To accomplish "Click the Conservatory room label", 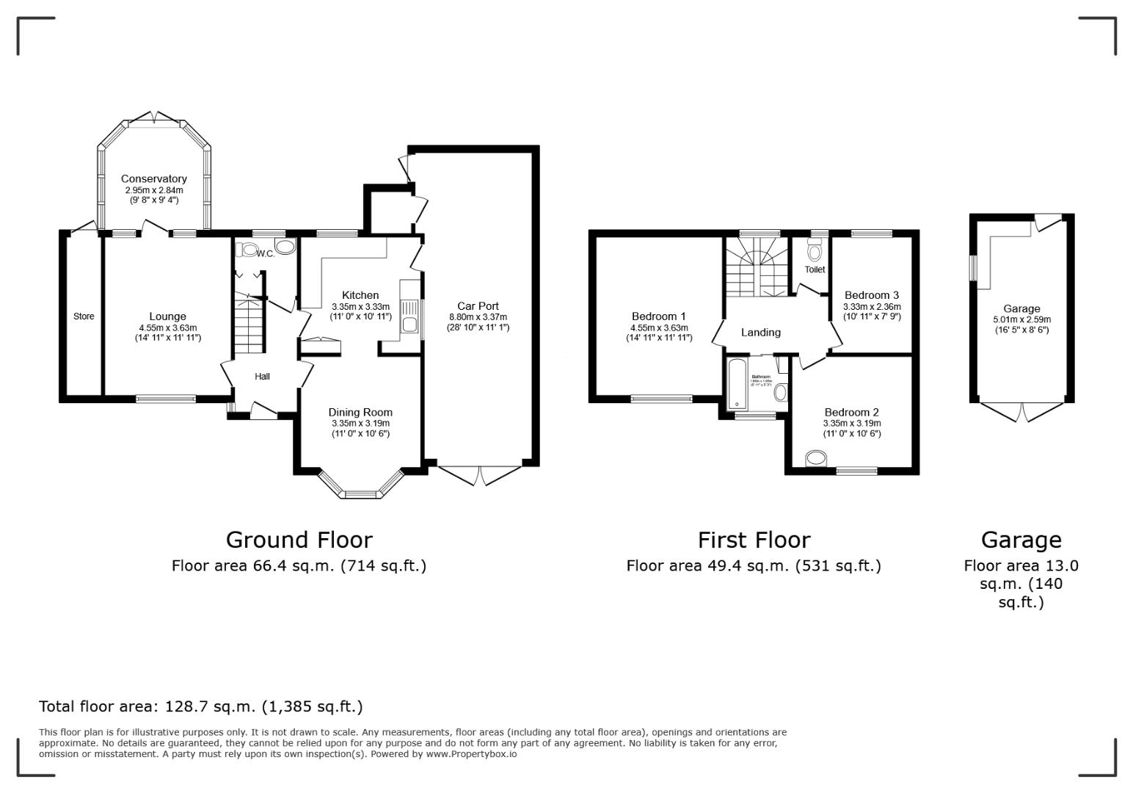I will (x=153, y=178).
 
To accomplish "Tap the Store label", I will (x=84, y=316).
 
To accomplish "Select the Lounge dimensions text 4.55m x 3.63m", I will (x=168, y=328).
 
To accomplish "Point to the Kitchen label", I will (x=360, y=295).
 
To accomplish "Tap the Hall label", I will (x=262, y=377).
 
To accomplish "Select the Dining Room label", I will (x=360, y=413).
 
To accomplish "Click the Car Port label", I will (x=478, y=306).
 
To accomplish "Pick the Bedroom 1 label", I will (x=658, y=316).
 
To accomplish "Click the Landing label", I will (x=760, y=333).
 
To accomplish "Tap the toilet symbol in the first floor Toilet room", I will (x=814, y=252).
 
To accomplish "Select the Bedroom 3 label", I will (x=871, y=295).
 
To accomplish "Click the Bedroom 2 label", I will (x=851, y=413).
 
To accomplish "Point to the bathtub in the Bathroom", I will (x=737, y=383).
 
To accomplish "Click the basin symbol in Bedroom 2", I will (x=815, y=460).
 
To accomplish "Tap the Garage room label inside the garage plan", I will (x=1021, y=309).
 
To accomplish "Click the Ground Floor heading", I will (x=299, y=540).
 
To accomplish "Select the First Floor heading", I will (x=754, y=540).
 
